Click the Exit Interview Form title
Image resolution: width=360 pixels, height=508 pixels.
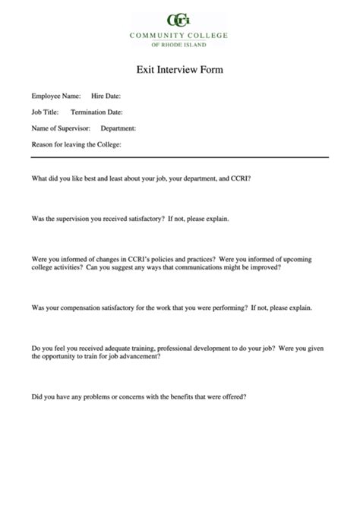point(179,69)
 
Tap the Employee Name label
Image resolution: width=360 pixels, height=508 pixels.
point(55,96)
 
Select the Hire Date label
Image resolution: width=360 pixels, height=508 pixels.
point(106,96)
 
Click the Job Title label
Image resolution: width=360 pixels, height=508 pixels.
point(44,112)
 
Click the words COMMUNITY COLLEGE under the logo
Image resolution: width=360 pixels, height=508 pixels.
point(179,35)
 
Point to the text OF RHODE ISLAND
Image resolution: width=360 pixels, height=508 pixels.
point(179,44)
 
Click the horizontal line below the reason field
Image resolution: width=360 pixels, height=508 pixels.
point(179,157)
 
